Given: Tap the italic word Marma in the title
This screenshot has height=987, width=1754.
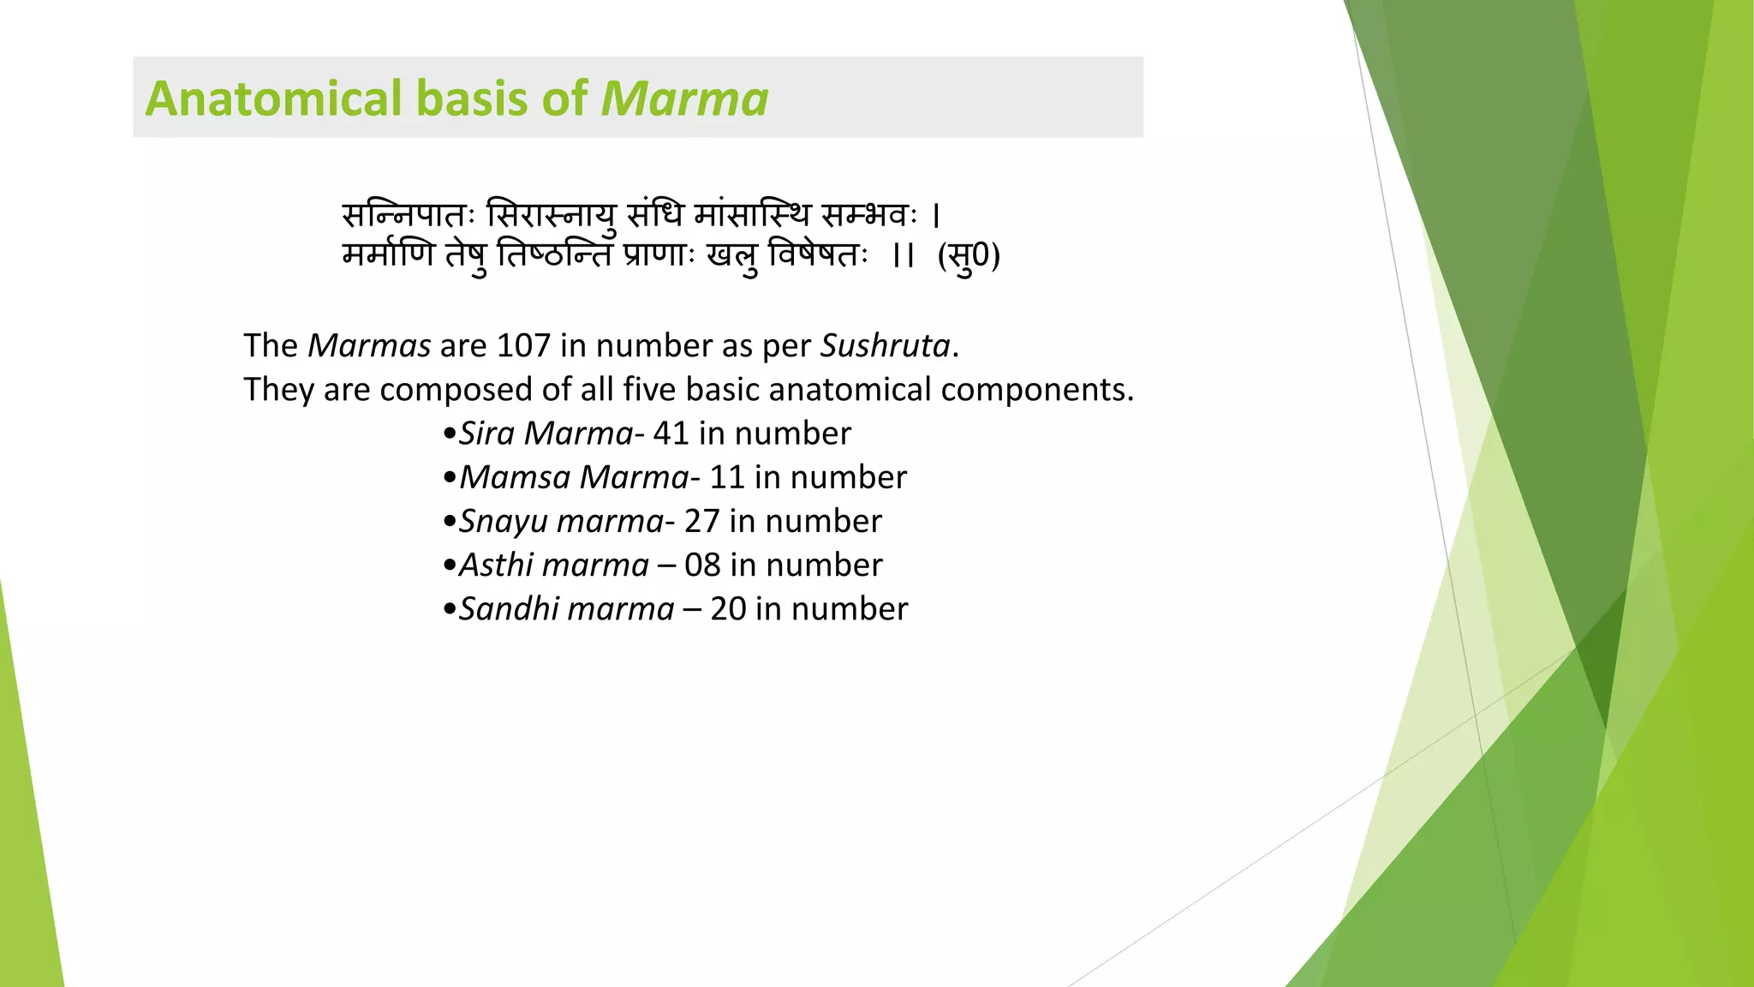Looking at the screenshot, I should pos(684,99).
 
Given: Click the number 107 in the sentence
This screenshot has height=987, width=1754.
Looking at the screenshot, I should pos(522,346).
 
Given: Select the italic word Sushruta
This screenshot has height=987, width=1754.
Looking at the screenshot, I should pos(886,346).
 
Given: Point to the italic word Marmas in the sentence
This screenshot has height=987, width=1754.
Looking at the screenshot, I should pos(369,346).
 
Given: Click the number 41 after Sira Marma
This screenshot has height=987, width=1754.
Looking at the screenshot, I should pos(671,434).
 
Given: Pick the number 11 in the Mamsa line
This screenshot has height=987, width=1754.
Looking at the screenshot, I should pos(726,477).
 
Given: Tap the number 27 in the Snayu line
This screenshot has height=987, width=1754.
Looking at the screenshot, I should pos(701,521).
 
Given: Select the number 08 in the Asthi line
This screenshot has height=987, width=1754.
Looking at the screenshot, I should pos(702,565).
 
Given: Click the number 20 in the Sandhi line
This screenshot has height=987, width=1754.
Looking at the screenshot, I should pos(728,609).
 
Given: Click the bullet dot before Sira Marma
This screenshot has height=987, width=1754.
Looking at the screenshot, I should pos(450,434).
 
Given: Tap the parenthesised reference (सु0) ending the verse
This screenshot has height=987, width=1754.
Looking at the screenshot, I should pos(969,256).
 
